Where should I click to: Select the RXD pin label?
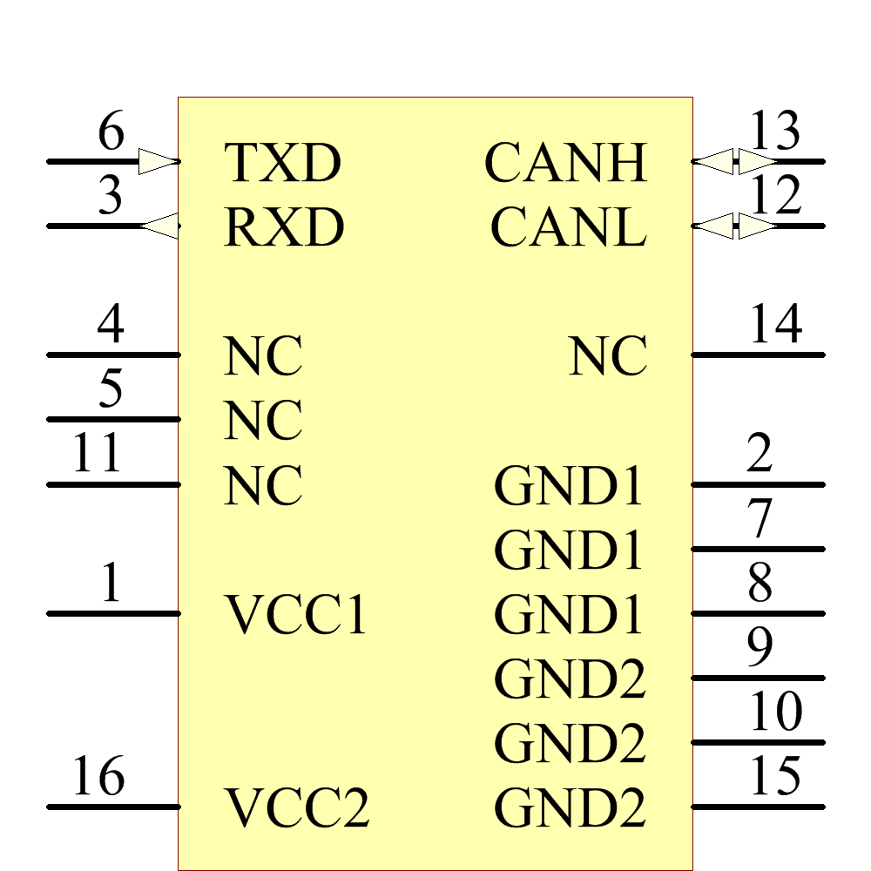(x=284, y=227)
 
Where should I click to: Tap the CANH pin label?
(x=566, y=163)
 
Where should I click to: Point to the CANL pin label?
(x=568, y=227)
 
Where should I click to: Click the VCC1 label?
(x=296, y=614)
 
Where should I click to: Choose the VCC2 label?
(x=298, y=807)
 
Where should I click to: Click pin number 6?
(x=111, y=133)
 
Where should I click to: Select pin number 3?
(x=111, y=198)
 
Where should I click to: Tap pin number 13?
(x=774, y=133)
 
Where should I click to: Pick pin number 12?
(x=774, y=196)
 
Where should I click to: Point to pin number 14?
(x=774, y=325)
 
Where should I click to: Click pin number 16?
(x=98, y=776)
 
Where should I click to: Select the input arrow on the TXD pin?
(x=159, y=161)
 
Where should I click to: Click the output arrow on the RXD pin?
(x=159, y=226)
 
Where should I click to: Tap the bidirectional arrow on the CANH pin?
(x=736, y=161)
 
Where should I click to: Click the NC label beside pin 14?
(x=608, y=356)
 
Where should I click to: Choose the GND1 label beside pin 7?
(x=569, y=550)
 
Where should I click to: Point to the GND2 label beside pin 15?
(x=570, y=807)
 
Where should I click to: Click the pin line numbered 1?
(x=113, y=613)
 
